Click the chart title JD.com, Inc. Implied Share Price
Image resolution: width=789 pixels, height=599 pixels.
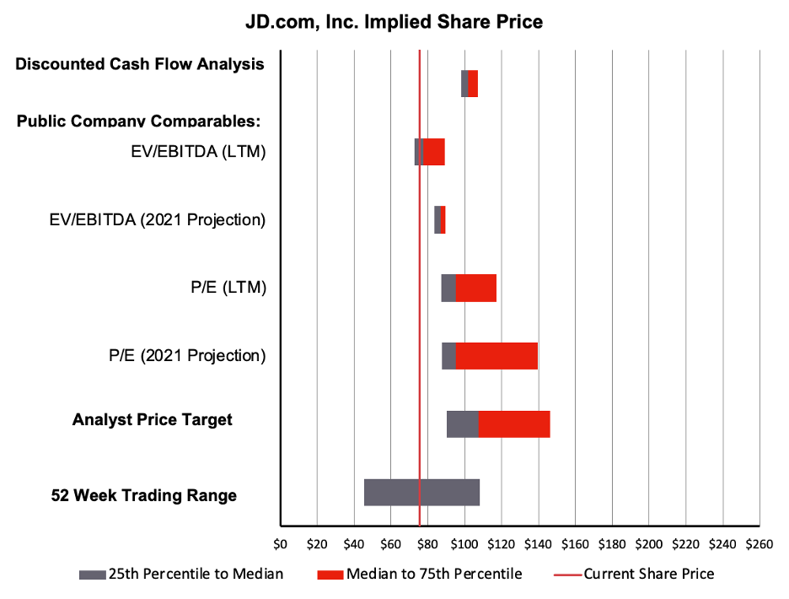394,21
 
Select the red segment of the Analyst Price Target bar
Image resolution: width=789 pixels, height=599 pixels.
514,424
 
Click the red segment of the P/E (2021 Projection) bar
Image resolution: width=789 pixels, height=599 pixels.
496,356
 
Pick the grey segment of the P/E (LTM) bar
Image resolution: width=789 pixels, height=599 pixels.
448,288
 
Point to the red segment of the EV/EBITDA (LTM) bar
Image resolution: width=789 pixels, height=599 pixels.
433,152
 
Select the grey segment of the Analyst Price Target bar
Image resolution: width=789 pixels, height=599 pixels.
462,424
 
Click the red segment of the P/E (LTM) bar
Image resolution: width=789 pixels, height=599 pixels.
476,288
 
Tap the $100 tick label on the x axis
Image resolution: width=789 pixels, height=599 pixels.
464,544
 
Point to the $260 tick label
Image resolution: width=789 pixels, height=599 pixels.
759,544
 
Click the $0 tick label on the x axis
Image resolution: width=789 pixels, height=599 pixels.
281,544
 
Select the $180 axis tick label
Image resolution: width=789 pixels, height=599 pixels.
612,544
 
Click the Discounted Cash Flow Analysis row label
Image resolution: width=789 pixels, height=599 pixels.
140,64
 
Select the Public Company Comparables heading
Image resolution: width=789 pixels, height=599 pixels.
138,121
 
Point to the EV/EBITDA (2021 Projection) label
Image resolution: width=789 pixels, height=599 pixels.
158,220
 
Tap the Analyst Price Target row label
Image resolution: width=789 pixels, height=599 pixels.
153,419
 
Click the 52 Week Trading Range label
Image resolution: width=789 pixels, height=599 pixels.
144,495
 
